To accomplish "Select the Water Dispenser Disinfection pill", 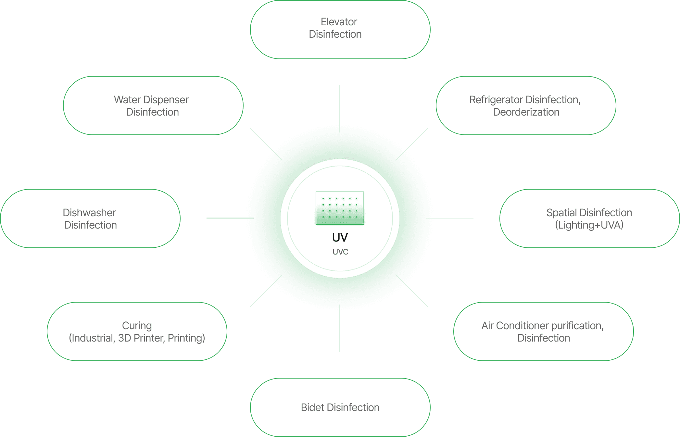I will click(x=153, y=106).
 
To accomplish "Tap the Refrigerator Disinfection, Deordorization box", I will click(x=526, y=106).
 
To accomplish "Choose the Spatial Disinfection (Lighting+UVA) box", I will click(x=589, y=218).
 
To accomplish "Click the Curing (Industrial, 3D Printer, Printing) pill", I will click(x=137, y=331).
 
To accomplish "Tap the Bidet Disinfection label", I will click(x=340, y=407).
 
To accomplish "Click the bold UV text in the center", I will click(x=340, y=238).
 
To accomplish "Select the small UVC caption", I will click(x=340, y=252).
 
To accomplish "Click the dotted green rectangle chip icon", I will click(x=340, y=208).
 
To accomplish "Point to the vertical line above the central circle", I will click(x=340, y=106).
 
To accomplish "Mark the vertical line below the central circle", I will click(x=340, y=330).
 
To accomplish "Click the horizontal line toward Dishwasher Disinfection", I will click(x=227, y=218).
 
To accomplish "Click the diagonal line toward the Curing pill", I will click(x=262, y=294).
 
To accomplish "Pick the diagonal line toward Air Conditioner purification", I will click(x=416, y=294).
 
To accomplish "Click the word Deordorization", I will click(x=526, y=112).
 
